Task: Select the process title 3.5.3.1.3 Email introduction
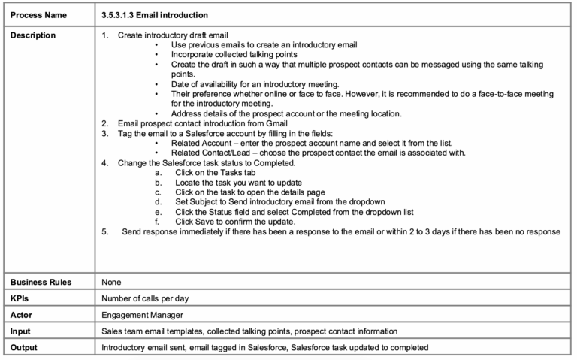[155, 15]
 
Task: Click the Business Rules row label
[41, 283]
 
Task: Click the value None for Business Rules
[112, 283]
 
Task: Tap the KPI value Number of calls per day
[145, 298]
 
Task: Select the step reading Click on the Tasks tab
[217, 172]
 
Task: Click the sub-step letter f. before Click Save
[157, 222]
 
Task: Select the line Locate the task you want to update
[238, 183]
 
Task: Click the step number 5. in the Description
[106, 231]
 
